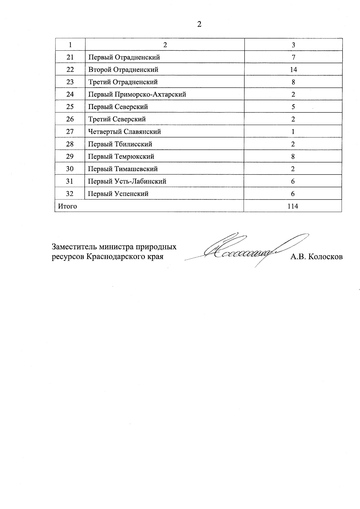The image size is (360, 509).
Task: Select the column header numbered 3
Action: [293, 45]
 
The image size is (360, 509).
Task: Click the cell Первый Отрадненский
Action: [124, 57]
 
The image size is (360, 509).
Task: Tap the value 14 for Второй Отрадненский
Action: [293, 70]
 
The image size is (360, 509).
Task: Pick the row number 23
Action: [70, 82]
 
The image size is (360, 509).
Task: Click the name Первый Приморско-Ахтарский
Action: [137, 94]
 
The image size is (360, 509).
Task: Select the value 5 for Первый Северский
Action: [293, 107]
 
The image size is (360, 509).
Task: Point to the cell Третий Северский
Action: [117, 119]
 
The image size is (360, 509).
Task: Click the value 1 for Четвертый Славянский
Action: [293, 132]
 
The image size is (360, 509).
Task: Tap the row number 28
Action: [70, 144]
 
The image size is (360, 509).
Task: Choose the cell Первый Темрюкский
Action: [121, 157]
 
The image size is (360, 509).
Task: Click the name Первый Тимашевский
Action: [123, 169]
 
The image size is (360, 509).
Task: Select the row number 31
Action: [70, 181]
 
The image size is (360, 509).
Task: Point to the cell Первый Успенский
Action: [118, 194]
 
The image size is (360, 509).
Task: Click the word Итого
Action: [67, 206]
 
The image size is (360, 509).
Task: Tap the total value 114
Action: [292, 206]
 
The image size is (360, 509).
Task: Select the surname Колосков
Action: [325, 257]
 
